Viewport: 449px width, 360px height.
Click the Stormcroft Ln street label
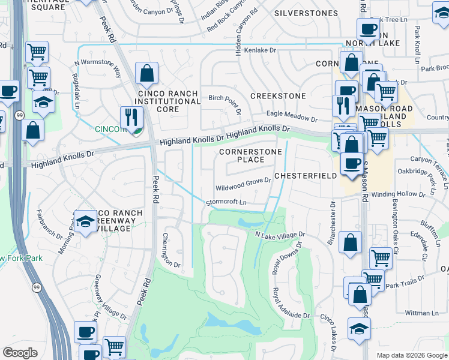pyautogui.click(x=226, y=202)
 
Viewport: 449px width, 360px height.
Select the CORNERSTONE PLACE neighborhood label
pyautogui.click(x=250, y=156)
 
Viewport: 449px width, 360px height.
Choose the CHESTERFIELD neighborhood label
pyautogui.click(x=303, y=176)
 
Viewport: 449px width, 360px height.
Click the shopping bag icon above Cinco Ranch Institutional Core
pyautogui.click(x=146, y=74)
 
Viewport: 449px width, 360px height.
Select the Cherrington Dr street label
pyautogui.click(x=171, y=250)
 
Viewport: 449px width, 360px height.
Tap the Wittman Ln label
pyautogui.click(x=422, y=313)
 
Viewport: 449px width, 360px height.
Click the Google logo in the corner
pyautogui.click(x=20, y=353)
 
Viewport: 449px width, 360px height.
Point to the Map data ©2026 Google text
pyautogui.click(x=411, y=355)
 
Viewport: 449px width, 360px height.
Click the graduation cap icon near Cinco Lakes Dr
pyautogui.click(x=359, y=329)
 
